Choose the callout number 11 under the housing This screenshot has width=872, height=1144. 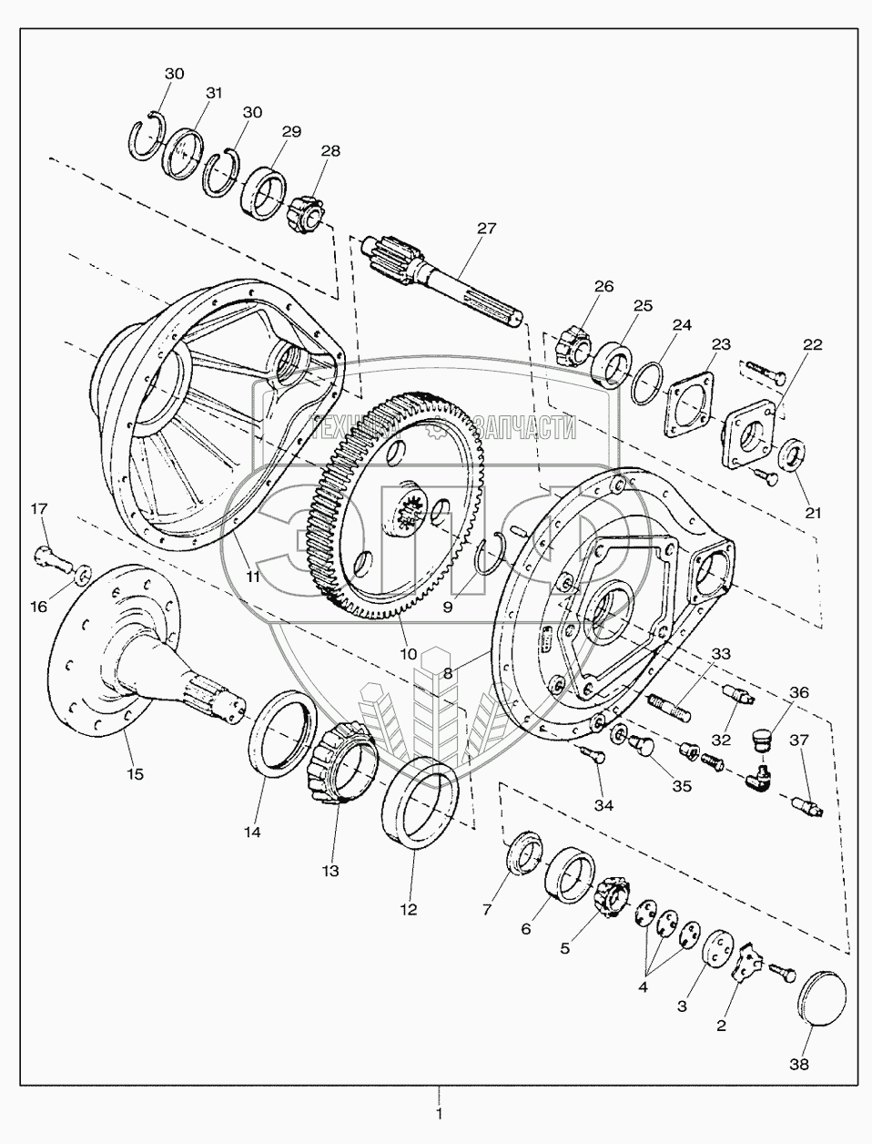click(252, 577)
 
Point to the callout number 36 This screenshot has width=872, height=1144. click(797, 693)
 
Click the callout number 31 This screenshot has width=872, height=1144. click(214, 92)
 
